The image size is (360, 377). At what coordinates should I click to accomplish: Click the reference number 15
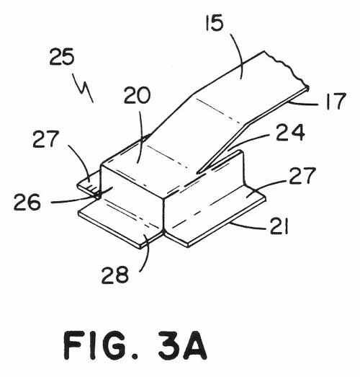point(215,22)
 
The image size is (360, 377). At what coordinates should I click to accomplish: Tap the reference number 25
point(62,57)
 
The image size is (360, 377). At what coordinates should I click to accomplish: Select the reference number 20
point(137,95)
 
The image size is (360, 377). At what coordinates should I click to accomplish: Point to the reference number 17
point(336,101)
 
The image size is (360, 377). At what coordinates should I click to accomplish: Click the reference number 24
point(291,132)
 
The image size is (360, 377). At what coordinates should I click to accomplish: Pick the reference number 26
point(27,203)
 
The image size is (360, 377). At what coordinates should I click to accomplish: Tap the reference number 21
point(279,226)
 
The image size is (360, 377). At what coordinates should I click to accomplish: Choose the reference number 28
point(115,275)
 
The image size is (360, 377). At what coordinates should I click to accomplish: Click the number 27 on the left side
point(46,139)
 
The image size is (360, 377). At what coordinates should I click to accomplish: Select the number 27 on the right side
point(302,176)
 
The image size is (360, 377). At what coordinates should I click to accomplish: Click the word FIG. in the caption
point(101,345)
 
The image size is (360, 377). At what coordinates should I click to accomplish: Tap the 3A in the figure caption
point(183,345)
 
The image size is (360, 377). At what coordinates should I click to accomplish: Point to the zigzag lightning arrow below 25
point(83,88)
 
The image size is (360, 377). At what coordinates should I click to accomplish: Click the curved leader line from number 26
point(81,199)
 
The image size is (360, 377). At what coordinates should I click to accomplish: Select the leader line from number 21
point(248,226)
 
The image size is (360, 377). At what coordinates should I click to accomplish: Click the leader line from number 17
point(303,104)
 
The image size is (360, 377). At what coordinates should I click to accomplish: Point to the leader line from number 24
point(248,142)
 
